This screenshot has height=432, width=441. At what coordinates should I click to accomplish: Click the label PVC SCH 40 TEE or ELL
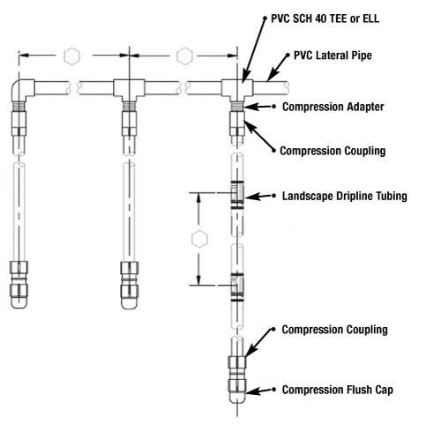325,19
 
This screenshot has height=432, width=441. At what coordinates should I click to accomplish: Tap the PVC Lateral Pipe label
333,56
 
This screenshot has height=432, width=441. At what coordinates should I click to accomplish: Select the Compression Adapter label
333,107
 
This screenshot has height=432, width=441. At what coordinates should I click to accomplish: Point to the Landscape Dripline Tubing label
345,196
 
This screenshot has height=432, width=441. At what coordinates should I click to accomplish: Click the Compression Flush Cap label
338,390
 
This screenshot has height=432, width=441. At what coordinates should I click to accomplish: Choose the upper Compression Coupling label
333,151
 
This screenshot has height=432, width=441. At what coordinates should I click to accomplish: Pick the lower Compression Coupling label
334,330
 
